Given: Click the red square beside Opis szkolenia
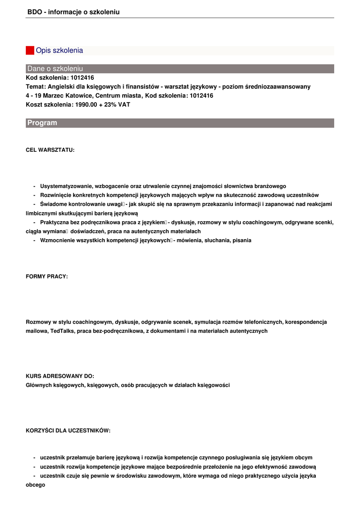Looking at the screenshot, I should [x=30, y=51].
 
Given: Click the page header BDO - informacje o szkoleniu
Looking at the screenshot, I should [x=73, y=12].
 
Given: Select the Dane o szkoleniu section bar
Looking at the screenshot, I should [x=180, y=68].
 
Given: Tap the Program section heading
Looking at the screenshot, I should [x=42, y=123].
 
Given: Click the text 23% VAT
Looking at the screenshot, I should [x=118, y=105].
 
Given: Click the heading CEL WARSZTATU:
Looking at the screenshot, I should [x=50, y=150].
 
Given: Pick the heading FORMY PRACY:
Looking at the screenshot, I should [x=47, y=276].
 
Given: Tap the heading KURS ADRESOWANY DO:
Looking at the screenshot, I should [x=60, y=376].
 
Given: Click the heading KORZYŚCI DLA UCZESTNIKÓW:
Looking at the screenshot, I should [x=68, y=431].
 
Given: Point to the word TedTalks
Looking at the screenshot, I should [x=63, y=331].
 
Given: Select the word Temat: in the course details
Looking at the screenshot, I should [x=36, y=87].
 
